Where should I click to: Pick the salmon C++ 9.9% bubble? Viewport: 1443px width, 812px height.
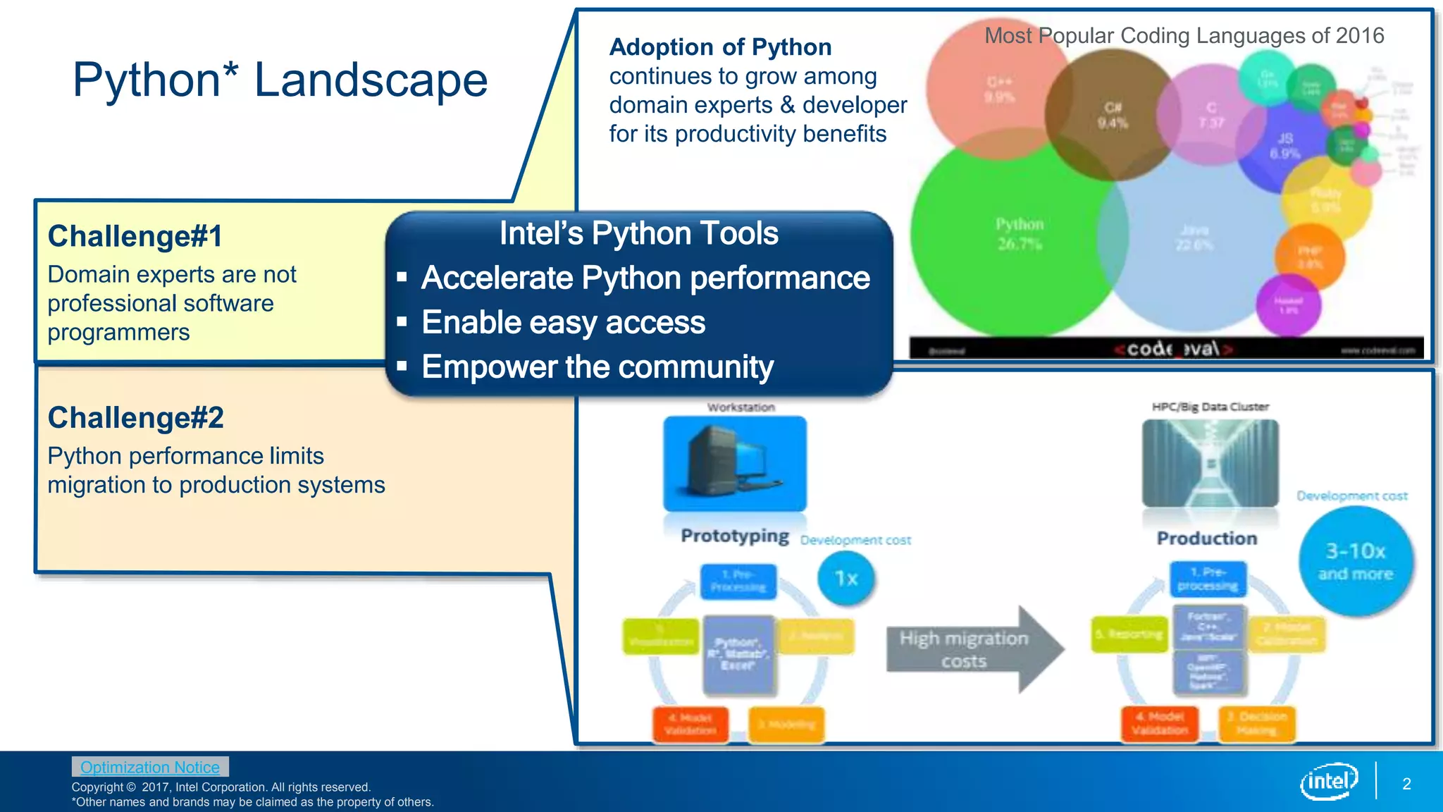[x=997, y=88]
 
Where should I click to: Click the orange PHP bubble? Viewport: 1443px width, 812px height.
[x=1309, y=257]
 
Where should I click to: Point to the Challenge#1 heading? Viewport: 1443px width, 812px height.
[x=135, y=236]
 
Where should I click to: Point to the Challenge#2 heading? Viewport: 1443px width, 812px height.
[x=136, y=417]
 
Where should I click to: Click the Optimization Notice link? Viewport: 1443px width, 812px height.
[x=149, y=767]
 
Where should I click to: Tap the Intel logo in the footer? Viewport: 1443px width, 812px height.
[x=1329, y=781]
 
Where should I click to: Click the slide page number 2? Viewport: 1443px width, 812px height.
[x=1406, y=784]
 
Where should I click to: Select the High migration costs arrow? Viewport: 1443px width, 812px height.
[x=972, y=649]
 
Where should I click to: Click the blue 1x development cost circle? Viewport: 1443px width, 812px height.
[x=846, y=579]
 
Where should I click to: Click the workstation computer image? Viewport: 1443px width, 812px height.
[x=735, y=463]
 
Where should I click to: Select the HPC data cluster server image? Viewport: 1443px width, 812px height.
[x=1210, y=462]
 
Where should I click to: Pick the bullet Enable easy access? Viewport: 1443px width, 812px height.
[x=563, y=323]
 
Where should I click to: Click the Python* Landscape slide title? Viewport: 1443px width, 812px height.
[x=280, y=80]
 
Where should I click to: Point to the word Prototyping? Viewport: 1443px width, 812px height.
[x=734, y=536]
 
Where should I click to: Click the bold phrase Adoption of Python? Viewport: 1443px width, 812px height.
[x=720, y=47]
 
